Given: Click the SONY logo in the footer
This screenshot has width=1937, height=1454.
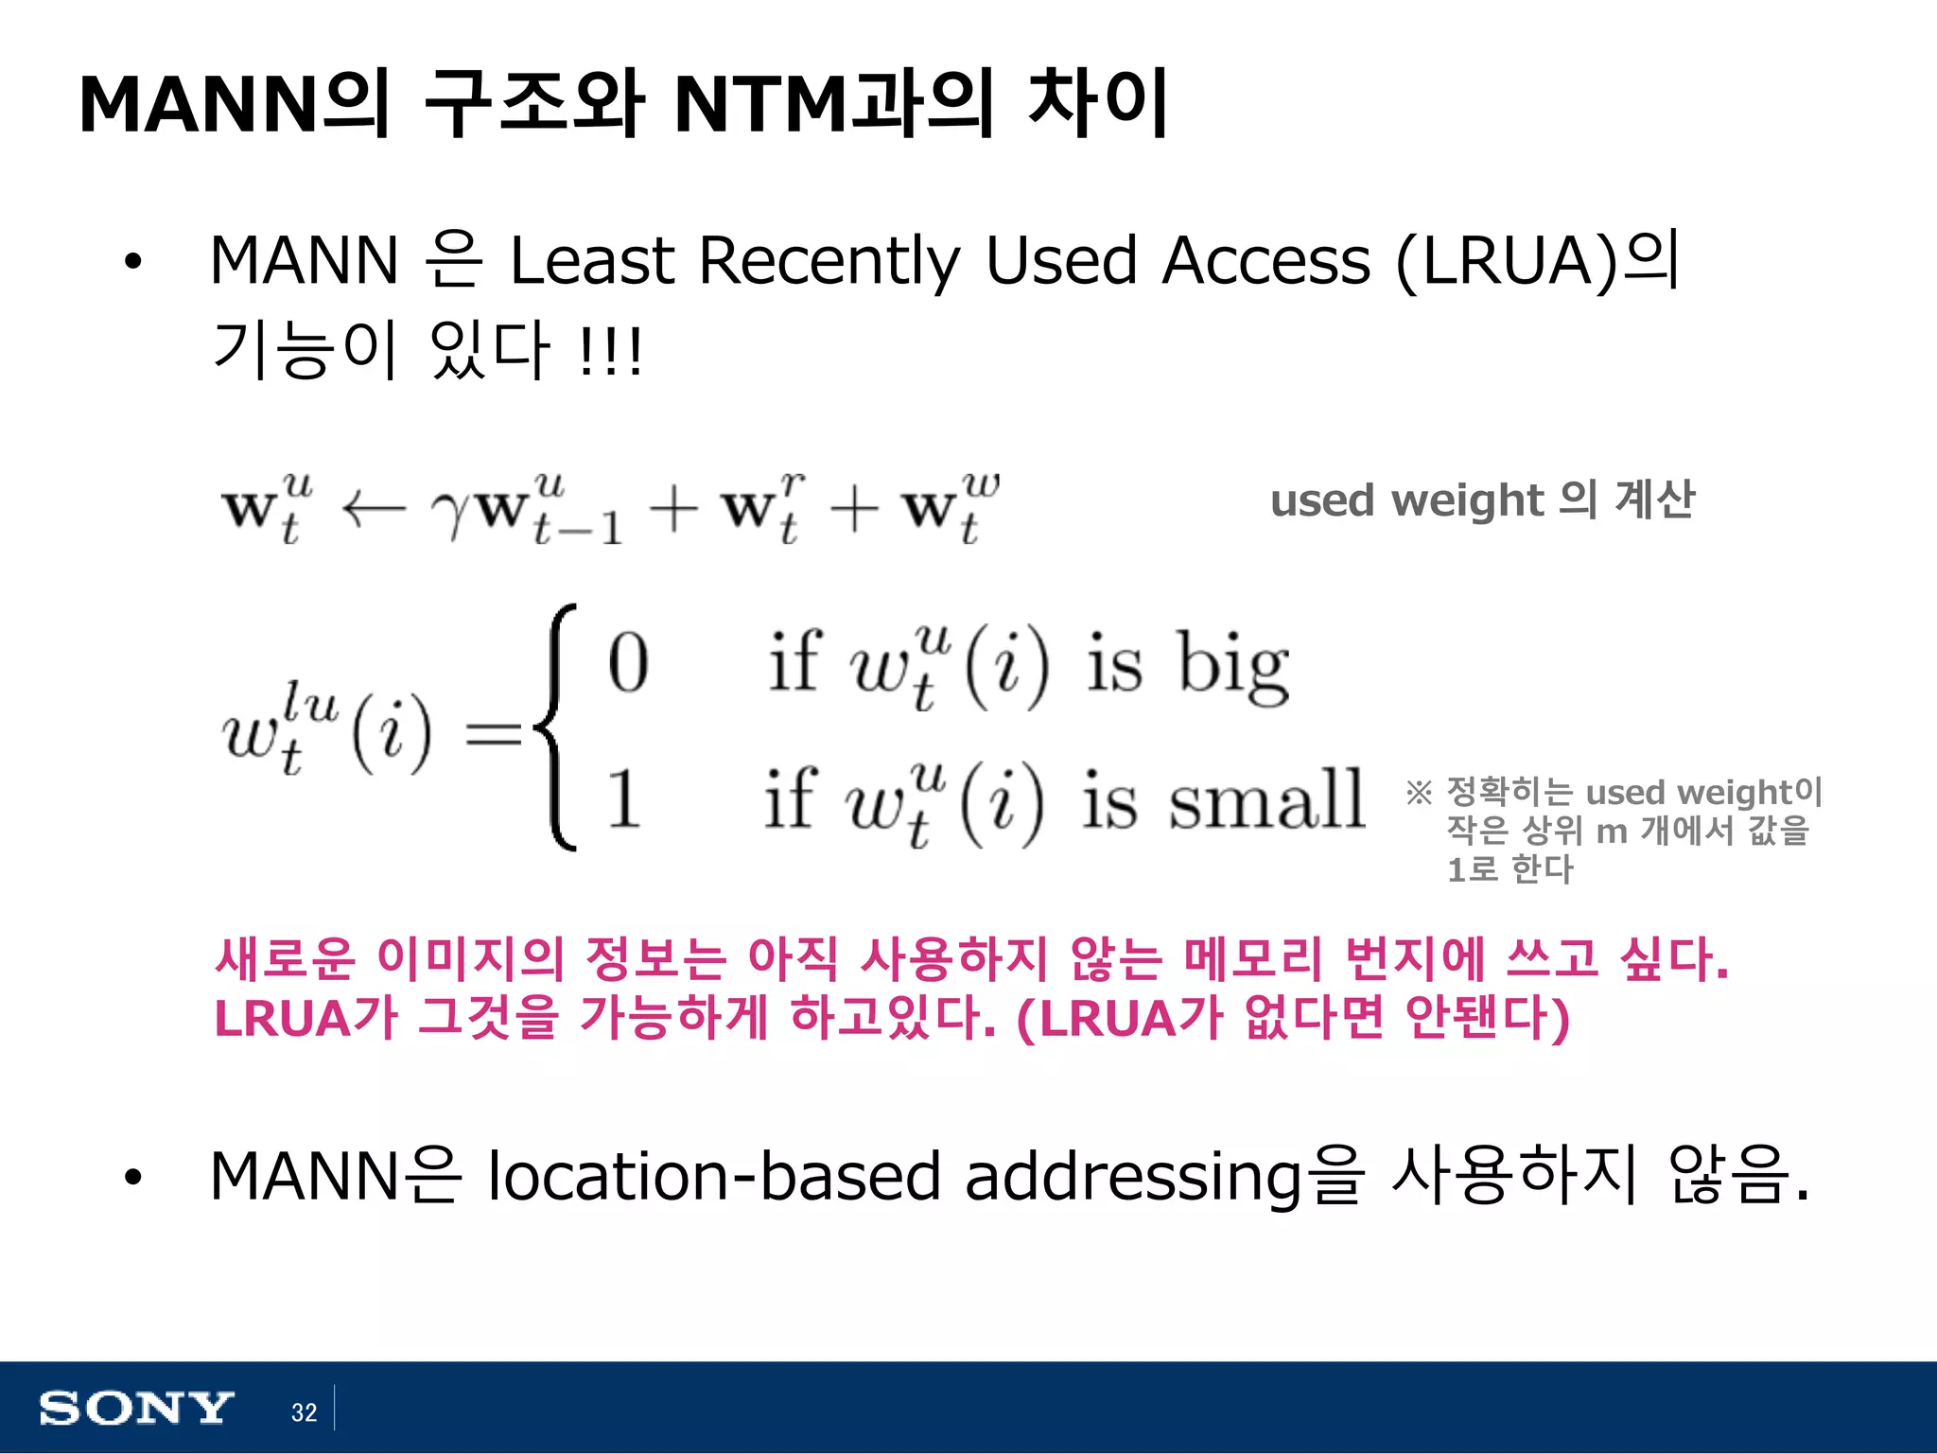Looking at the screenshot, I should tap(135, 1409).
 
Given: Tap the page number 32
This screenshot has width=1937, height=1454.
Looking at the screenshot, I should tap(304, 1412).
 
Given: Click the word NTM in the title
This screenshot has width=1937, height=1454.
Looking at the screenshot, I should tap(760, 104).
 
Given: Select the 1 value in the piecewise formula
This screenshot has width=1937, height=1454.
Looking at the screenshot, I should tap(623, 799).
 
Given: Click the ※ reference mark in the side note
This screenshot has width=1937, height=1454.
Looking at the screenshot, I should tap(1419, 793).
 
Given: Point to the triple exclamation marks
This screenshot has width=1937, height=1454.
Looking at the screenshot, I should tap(611, 352).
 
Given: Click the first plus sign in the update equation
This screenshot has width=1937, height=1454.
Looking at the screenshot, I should tap(673, 511).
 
